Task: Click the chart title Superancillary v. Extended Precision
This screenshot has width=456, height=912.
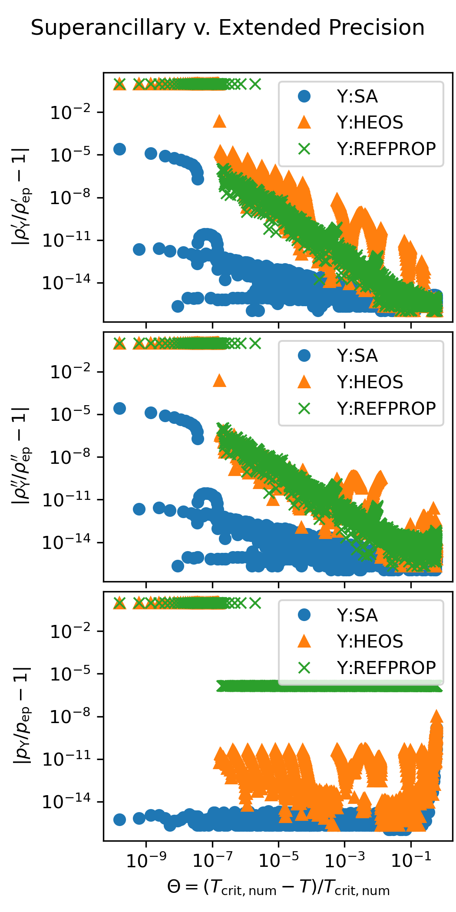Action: click(x=228, y=28)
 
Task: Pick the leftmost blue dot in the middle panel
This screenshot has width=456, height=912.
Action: click(x=119, y=408)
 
